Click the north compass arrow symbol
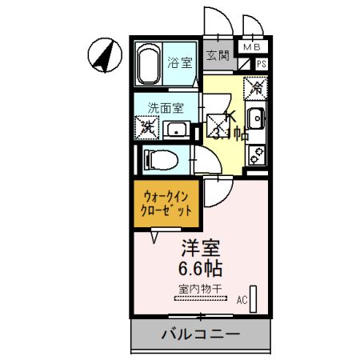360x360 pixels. coord(105,55)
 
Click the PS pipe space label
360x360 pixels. coord(261,63)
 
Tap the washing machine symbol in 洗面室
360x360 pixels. coord(147,126)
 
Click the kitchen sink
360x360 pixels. coord(257,119)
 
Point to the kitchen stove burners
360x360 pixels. coord(257,155)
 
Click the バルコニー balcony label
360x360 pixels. coord(201,334)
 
